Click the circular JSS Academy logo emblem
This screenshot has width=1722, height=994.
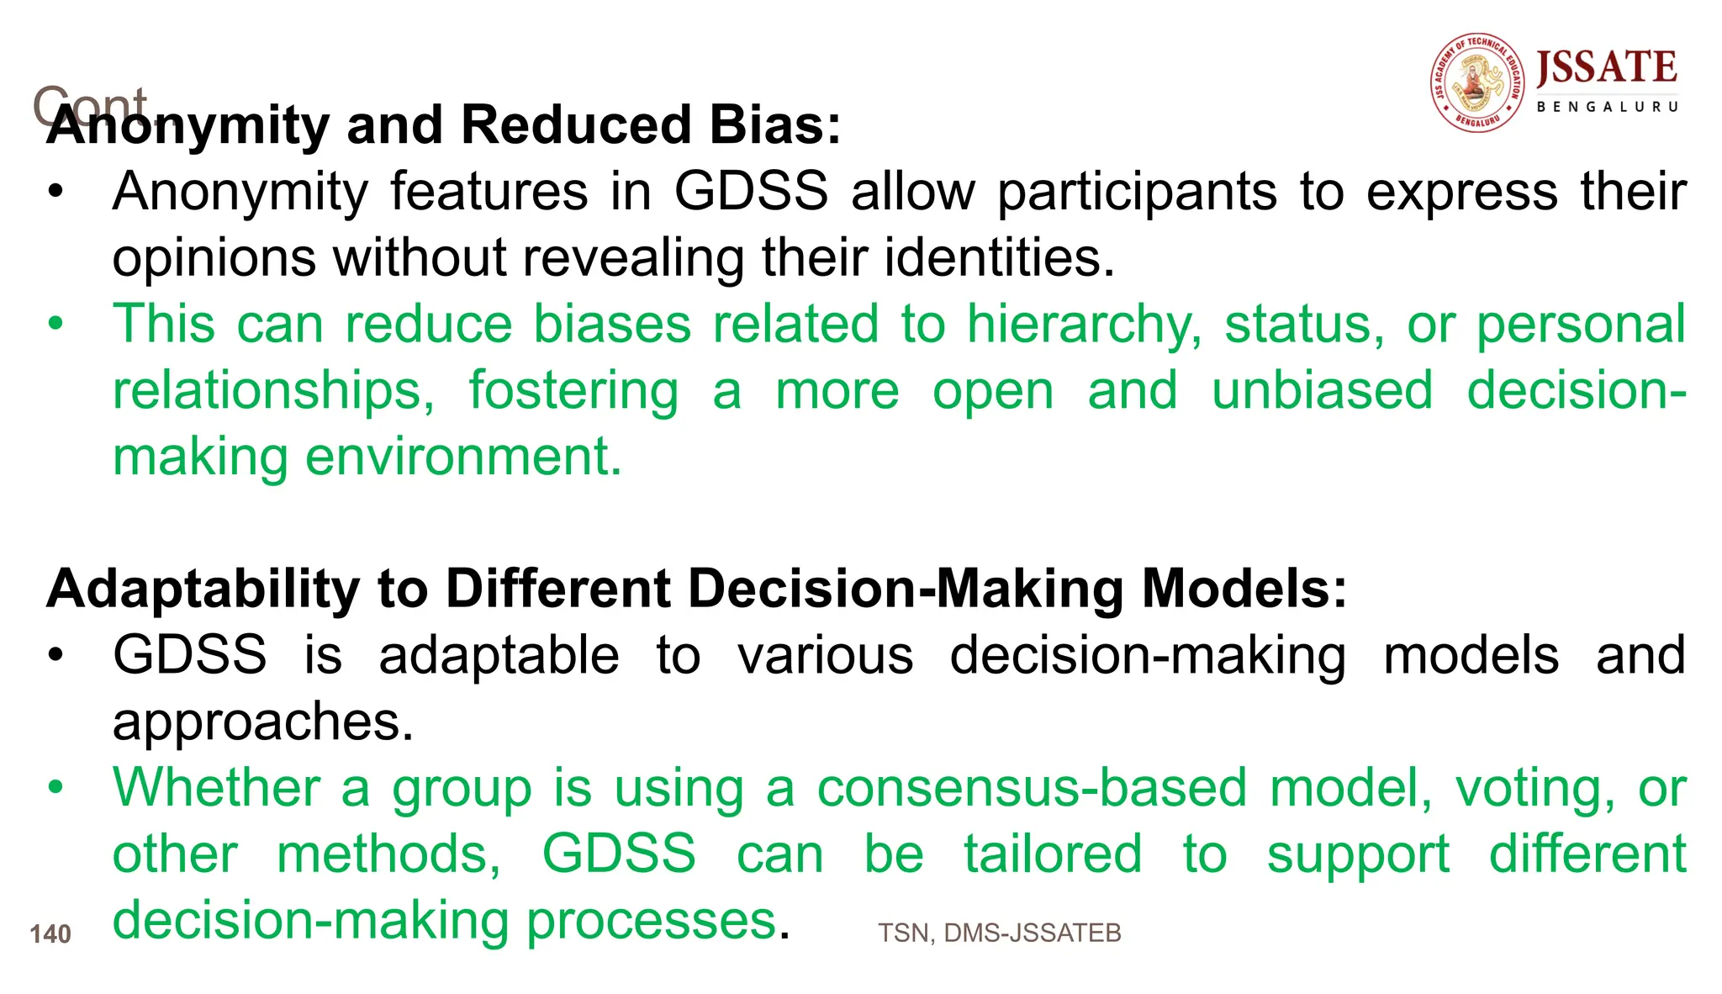(x=1477, y=83)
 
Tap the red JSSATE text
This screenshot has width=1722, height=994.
(x=1606, y=68)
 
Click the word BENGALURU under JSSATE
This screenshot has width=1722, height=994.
(x=1607, y=107)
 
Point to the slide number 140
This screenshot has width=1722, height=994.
(x=50, y=934)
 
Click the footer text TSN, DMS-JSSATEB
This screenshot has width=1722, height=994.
(x=999, y=933)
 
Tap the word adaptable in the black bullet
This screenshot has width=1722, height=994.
(x=499, y=655)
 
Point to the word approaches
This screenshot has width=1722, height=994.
(x=262, y=722)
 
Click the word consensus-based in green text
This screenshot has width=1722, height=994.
(x=1032, y=788)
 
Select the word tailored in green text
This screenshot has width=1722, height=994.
(x=1053, y=854)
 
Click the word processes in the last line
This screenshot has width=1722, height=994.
(x=651, y=921)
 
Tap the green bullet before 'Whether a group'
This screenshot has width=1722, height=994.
(x=55, y=788)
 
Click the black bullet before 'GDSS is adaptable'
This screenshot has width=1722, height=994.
(x=55, y=655)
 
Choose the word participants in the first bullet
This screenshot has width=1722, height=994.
(x=1137, y=192)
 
